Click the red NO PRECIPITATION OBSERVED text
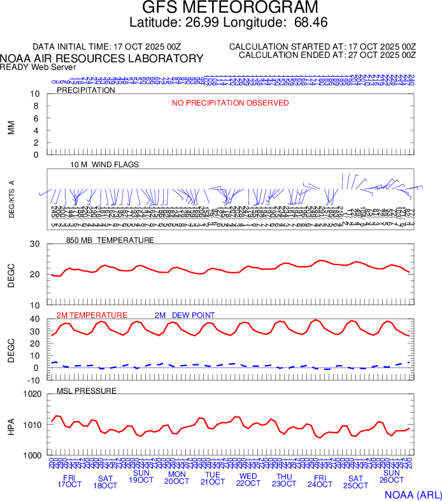click(x=231, y=103)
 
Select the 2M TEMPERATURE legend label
click(x=92, y=315)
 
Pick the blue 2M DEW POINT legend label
click(x=185, y=315)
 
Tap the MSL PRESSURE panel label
click(x=87, y=390)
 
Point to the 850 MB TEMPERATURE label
click(x=110, y=240)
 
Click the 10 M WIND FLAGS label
click(x=104, y=165)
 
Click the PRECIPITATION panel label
click(x=86, y=90)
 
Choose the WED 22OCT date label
click(x=248, y=480)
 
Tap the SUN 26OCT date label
click(x=391, y=477)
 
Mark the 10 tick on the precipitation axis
click(x=35, y=94)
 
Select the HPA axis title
click(x=11, y=425)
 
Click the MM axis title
click(x=11, y=127)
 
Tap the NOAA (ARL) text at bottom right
click(x=411, y=494)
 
